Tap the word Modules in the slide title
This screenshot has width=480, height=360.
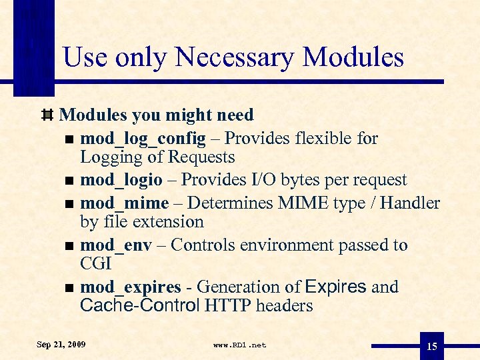click(353, 57)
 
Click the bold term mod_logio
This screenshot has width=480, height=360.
click(121, 180)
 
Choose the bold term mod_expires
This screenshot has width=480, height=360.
click(131, 287)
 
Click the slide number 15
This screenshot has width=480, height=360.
click(432, 345)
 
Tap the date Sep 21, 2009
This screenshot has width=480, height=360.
click(61, 345)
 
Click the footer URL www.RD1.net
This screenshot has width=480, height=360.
click(239, 345)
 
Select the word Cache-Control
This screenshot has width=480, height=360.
click(140, 306)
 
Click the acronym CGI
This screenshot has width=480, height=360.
click(95, 263)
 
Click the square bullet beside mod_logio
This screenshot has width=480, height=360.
click(69, 181)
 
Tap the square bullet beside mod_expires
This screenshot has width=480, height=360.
click(69, 288)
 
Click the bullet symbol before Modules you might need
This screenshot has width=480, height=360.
click(47, 115)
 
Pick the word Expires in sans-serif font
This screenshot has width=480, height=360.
click(335, 287)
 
